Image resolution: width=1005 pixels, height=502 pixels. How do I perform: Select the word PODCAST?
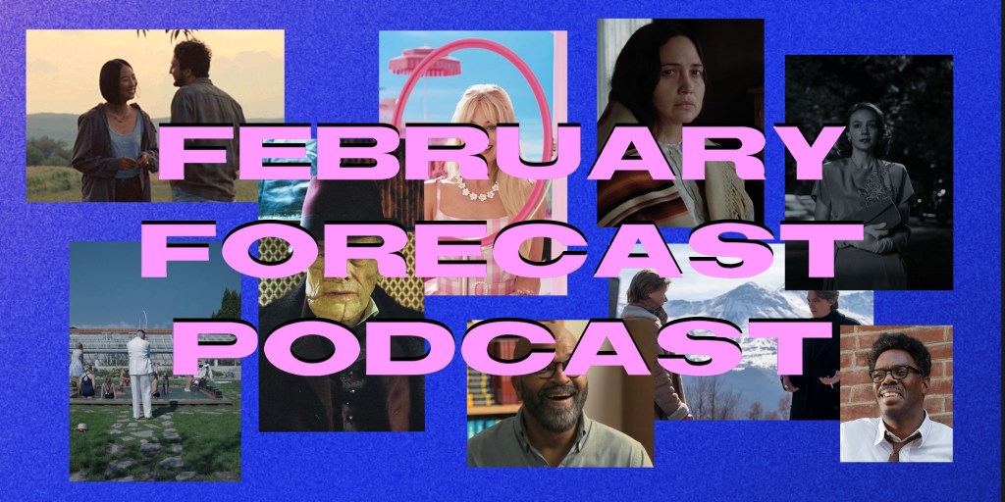coord(502,348)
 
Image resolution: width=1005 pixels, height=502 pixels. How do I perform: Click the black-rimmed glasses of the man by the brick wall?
coord(896,373)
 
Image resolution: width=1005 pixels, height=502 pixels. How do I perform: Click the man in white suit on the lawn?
coord(139,374)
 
